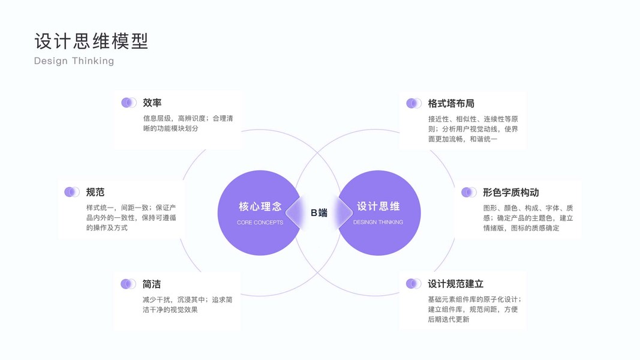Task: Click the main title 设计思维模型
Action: click(91, 41)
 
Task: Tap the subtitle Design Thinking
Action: click(74, 61)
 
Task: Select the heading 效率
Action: click(152, 103)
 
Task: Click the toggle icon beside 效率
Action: click(128, 103)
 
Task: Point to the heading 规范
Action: click(95, 192)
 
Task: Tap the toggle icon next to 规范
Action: click(71, 192)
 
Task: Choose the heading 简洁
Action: click(152, 284)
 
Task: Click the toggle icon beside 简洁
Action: click(128, 284)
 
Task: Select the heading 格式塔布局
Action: click(451, 103)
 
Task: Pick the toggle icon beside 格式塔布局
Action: click(413, 103)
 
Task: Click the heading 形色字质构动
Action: click(510, 192)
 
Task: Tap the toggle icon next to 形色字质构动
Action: click(468, 192)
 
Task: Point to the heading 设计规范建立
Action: click(455, 284)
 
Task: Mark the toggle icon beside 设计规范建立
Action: click(413, 284)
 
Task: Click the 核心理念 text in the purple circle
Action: click(260, 206)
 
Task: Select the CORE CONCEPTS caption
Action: click(260, 223)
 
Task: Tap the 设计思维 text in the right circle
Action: click(378, 206)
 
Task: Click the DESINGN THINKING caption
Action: click(378, 223)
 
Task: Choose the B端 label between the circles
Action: click(319, 212)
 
